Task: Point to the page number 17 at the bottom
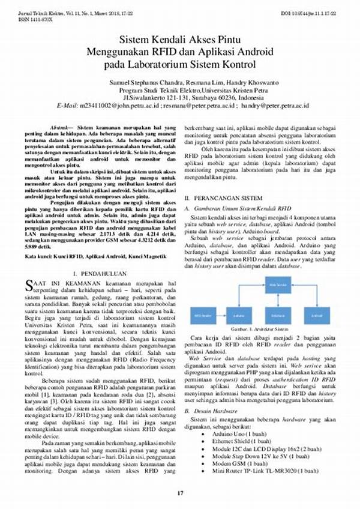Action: point(179,493)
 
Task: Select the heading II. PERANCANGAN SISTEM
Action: point(223,197)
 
